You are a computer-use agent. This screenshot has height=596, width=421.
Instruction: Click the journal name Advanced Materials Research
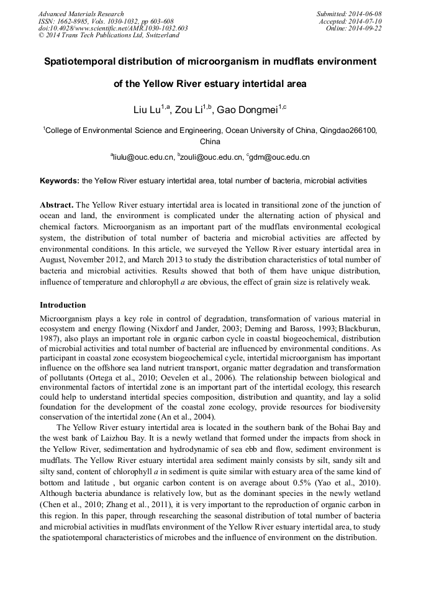tap(81, 14)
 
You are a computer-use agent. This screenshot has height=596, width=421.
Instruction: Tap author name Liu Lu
tap(147, 110)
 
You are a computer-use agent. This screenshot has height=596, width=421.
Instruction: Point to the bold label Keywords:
tap(60, 181)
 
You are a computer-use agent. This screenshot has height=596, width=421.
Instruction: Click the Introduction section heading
tap(63, 305)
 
